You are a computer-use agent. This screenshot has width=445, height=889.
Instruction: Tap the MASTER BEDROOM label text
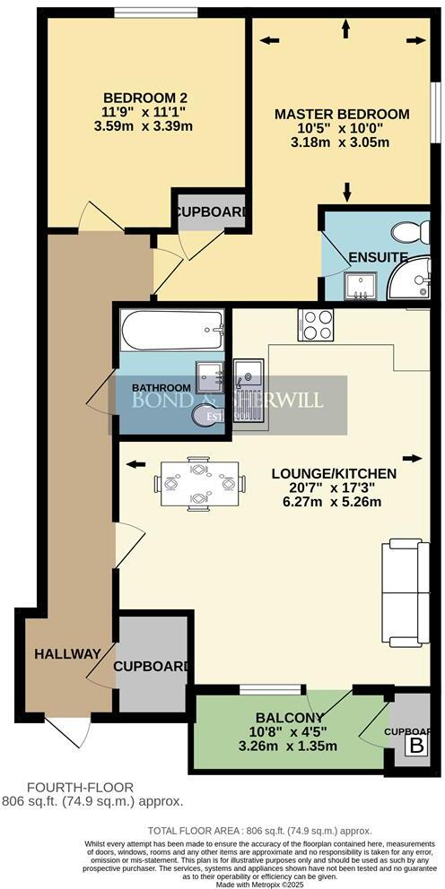click(x=342, y=114)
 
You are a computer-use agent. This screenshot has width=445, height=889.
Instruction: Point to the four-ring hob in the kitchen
click(x=316, y=324)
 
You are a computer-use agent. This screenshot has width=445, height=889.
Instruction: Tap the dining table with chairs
click(x=198, y=484)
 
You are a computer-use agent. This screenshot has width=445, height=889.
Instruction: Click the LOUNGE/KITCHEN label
click(x=333, y=472)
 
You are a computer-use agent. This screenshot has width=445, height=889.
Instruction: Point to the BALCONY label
click(x=284, y=718)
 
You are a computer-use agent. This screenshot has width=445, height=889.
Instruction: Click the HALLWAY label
click(x=66, y=654)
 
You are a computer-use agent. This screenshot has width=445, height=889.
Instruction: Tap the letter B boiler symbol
click(x=416, y=746)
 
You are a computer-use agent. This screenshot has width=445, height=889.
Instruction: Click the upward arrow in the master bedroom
click(x=345, y=29)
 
